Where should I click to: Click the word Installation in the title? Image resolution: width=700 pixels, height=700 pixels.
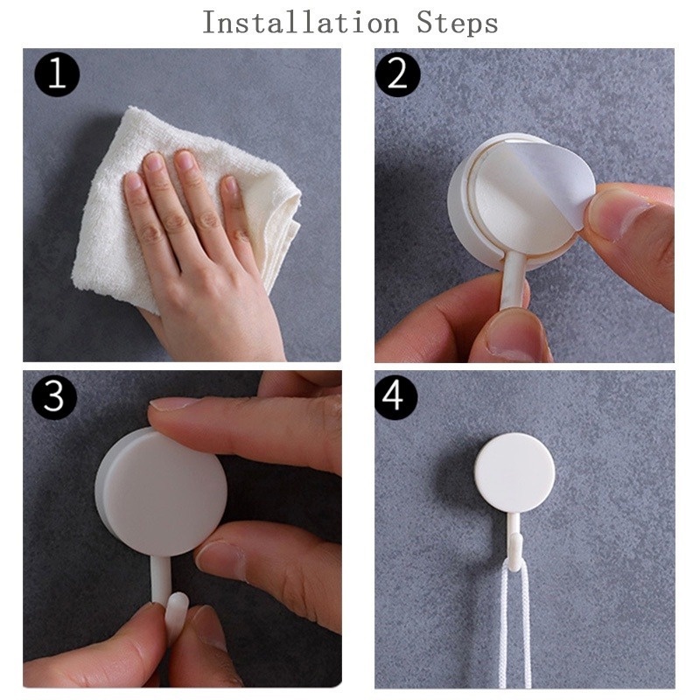(301, 23)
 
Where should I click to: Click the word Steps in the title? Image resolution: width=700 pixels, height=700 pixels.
(458, 24)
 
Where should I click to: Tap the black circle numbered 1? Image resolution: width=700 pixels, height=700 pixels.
(57, 74)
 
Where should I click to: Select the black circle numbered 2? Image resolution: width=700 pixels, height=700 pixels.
(397, 74)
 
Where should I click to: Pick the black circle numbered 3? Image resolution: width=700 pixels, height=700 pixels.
(54, 397)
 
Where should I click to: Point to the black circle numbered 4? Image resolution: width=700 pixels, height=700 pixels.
(395, 397)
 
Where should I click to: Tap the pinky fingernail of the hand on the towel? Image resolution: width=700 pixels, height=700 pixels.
(231, 186)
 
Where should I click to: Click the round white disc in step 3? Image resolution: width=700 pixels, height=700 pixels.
(162, 491)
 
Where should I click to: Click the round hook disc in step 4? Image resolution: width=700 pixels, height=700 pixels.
(514, 472)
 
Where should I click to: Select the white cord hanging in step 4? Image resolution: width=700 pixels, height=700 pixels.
(514, 625)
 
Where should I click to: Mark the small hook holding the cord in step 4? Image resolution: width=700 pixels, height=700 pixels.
(514, 547)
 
